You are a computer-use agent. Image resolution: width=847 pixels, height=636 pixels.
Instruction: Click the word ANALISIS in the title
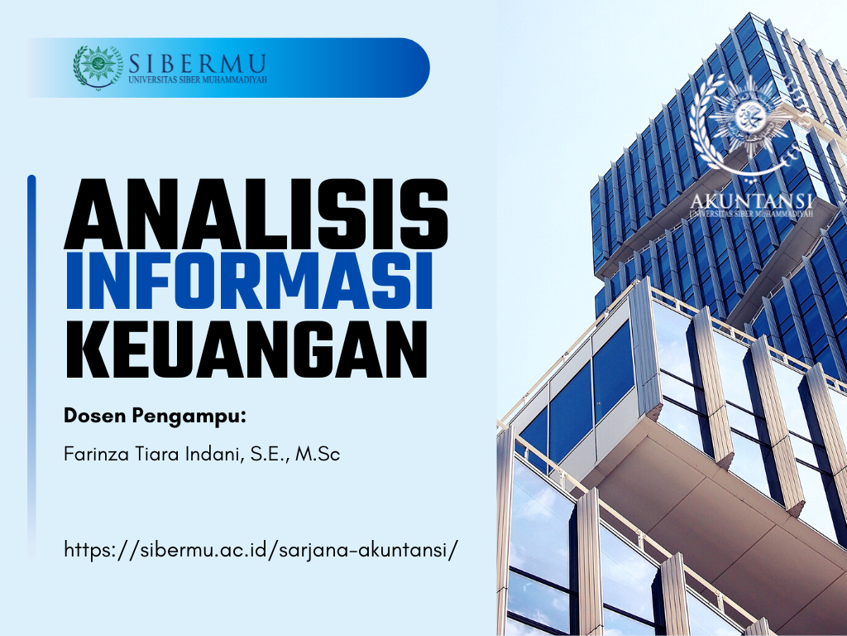click(x=256, y=214)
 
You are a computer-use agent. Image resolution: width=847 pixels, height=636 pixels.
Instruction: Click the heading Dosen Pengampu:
click(x=155, y=417)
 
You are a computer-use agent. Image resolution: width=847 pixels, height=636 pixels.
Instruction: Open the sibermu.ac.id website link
click(x=261, y=550)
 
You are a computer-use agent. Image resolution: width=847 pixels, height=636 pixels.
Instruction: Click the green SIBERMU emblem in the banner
click(x=98, y=67)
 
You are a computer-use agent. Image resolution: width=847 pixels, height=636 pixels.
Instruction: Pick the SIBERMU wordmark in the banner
click(x=197, y=64)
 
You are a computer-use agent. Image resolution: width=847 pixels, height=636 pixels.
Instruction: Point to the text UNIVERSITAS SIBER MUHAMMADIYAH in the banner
click(x=198, y=79)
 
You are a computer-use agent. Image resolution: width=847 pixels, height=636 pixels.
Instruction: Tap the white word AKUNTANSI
click(x=751, y=200)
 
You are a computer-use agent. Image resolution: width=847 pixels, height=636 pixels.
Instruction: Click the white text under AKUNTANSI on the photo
click(x=751, y=214)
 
